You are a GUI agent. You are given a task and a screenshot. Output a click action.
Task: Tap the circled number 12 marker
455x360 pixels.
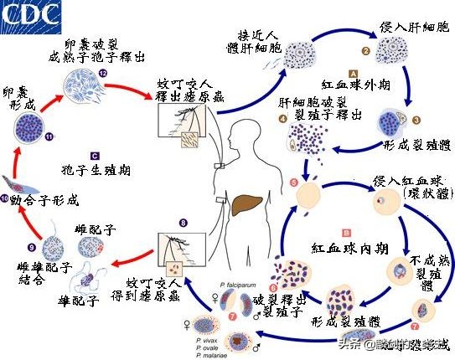click(102, 74)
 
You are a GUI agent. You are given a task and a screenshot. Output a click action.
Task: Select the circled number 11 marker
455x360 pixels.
click(26, 135)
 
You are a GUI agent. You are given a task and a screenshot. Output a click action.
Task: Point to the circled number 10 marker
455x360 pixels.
click(6, 198)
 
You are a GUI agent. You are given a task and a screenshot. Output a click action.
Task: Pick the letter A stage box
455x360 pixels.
click(354, 74)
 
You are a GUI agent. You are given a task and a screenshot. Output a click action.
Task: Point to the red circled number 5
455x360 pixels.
click(292, 182)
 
